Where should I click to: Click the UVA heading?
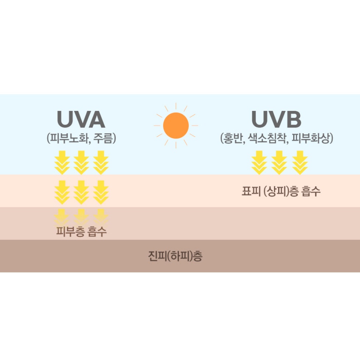[81, 119]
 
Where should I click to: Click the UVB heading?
[276, 119]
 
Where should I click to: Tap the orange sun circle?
[176, 126]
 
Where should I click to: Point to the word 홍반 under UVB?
[233, 138]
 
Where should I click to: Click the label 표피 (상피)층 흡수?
[281, 191]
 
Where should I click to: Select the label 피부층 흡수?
[81, 231]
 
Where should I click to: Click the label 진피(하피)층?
[175, 256]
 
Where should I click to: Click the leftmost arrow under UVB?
[259, 162]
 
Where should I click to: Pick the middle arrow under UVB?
[279, 162]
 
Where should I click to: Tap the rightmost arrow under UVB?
[300, 162]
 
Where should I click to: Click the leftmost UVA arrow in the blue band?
[62, 162]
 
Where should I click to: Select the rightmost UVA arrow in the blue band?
[101, 162]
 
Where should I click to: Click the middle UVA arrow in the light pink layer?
[81, 192]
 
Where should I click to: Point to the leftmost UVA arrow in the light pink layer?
[62, 192]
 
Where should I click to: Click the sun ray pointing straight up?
[176, 106]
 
